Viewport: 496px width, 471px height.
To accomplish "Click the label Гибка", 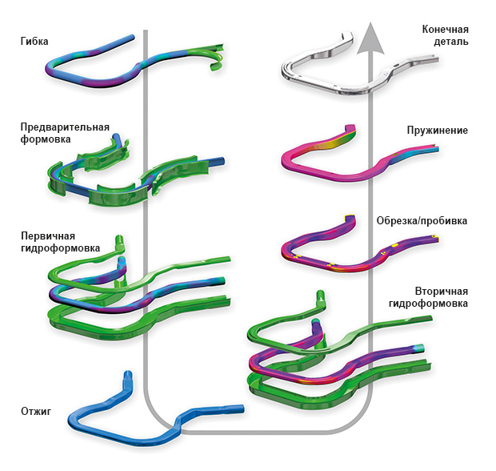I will pyautogui.click(x=37, y=39).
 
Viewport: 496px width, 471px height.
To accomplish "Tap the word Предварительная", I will pyautogui.click(x=66, y=127).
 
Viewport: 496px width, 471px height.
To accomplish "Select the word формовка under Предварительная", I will pyautogui.click(x=46, y=139).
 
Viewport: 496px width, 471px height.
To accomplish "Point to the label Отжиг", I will pyautogui.click(x=37, y=412).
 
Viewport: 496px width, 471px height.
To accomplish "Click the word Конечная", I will pyautogui.click(x=445, y=29).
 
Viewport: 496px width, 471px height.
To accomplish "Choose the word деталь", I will pyautogui.click(x=452, y=41).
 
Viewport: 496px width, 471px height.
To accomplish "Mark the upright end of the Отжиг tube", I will pyautogui.click(x=126, y=383).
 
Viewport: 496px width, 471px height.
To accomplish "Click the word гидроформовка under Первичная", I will pyautogui.click(x=60, y=248).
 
